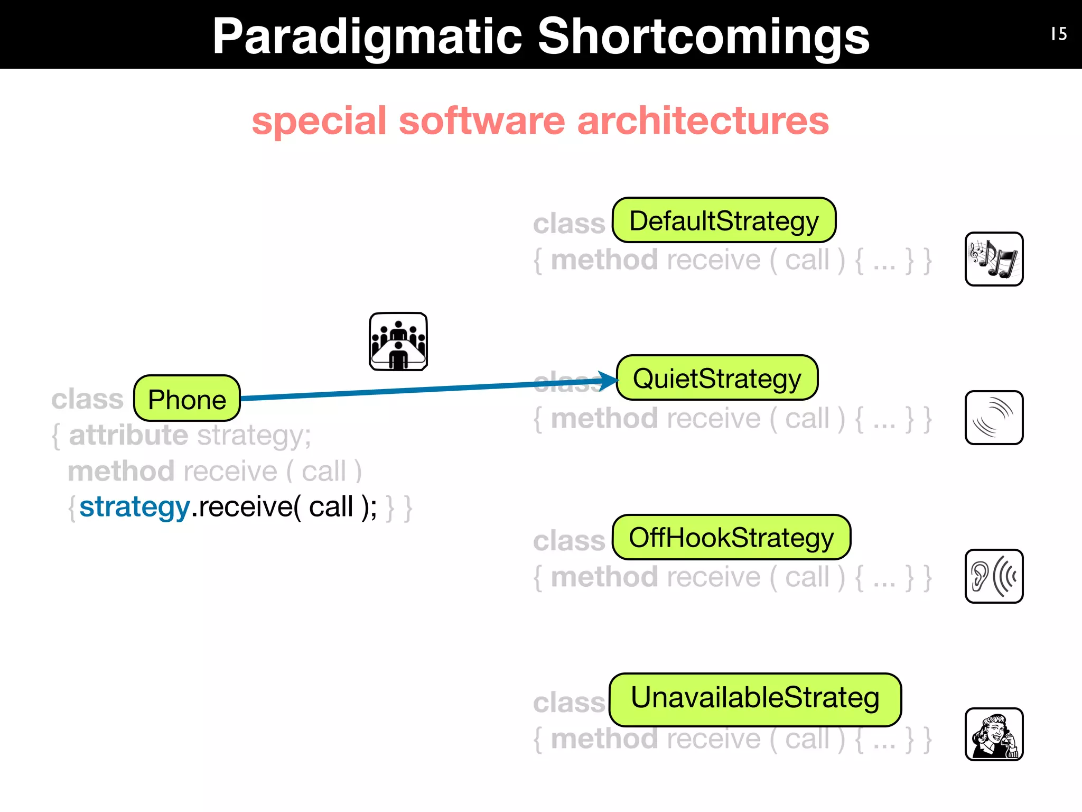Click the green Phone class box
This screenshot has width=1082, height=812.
(187, 399)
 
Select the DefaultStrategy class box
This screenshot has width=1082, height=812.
(724, 220)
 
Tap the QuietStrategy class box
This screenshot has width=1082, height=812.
(717, 378)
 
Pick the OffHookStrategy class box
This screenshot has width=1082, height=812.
(731, 538)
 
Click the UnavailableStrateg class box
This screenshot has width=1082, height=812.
(755, 699)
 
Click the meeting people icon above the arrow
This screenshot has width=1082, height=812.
(398, 342)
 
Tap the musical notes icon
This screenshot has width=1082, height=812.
(994, 259)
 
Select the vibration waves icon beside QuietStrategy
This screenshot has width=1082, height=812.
(994, 418)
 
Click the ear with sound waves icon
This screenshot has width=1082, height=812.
(994, 576)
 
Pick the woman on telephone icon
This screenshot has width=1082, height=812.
(994, 734)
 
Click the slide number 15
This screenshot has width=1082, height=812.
(1059, 34)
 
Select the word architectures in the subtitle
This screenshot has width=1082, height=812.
(703, 121)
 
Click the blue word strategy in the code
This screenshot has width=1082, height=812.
(134, 507)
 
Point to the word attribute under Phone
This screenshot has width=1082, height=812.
(128, 436)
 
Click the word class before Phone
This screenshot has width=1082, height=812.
(87, 399)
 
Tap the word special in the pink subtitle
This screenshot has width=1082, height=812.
(319, 121)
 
